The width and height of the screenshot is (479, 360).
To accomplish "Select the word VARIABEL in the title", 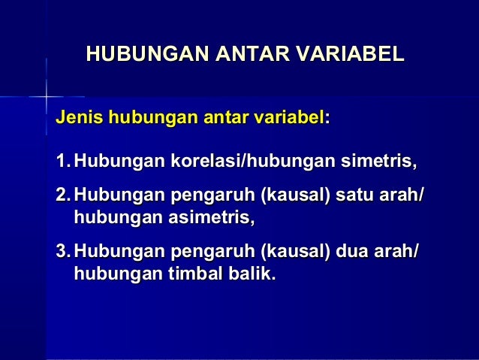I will tap(351, 55).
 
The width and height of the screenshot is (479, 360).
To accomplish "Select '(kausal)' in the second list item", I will tap(294, 198).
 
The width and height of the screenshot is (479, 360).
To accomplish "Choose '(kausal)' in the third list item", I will tap(294, 253).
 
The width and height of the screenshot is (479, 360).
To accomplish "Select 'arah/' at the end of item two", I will tap(405, 198).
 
